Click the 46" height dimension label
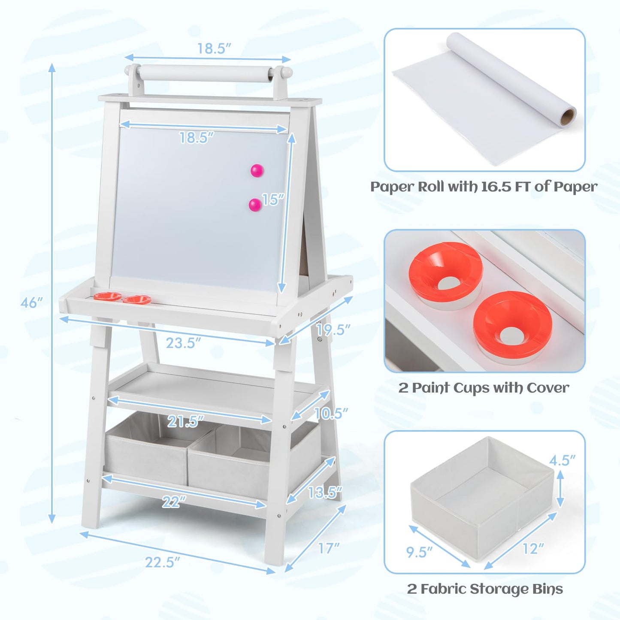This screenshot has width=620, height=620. click(x=31, y=302)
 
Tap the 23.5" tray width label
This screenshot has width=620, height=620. click(x=183, y=343)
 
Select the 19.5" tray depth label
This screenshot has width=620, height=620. click(x=333, y=330)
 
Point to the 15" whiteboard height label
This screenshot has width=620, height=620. click(x=273, y=200)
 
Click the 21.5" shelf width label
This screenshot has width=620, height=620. click(x=185, y=421)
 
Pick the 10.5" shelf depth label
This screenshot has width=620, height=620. click(x=331, y=413)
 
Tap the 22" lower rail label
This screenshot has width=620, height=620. click(x=174, y=502)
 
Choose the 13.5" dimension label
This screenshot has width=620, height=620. click(x=325, y=492)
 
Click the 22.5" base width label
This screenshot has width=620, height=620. click(x=162, y=562)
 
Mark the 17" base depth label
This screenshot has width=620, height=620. click(x=329, y=548)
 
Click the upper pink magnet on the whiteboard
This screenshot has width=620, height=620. click(x=257, y=171)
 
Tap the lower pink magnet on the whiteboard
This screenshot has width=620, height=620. click(x=255, y=205)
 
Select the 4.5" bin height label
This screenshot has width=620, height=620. click(x=562, y=460)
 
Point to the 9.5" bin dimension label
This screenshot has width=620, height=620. click(x=419, y=552)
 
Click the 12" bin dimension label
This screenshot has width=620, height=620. click(x=533, y=548)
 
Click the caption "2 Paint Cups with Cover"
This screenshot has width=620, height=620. click(x=484, y=388)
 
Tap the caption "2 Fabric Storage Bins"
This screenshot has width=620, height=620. click(x=485, y=589)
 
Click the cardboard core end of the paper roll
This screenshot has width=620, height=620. click(x=568, y=117)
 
